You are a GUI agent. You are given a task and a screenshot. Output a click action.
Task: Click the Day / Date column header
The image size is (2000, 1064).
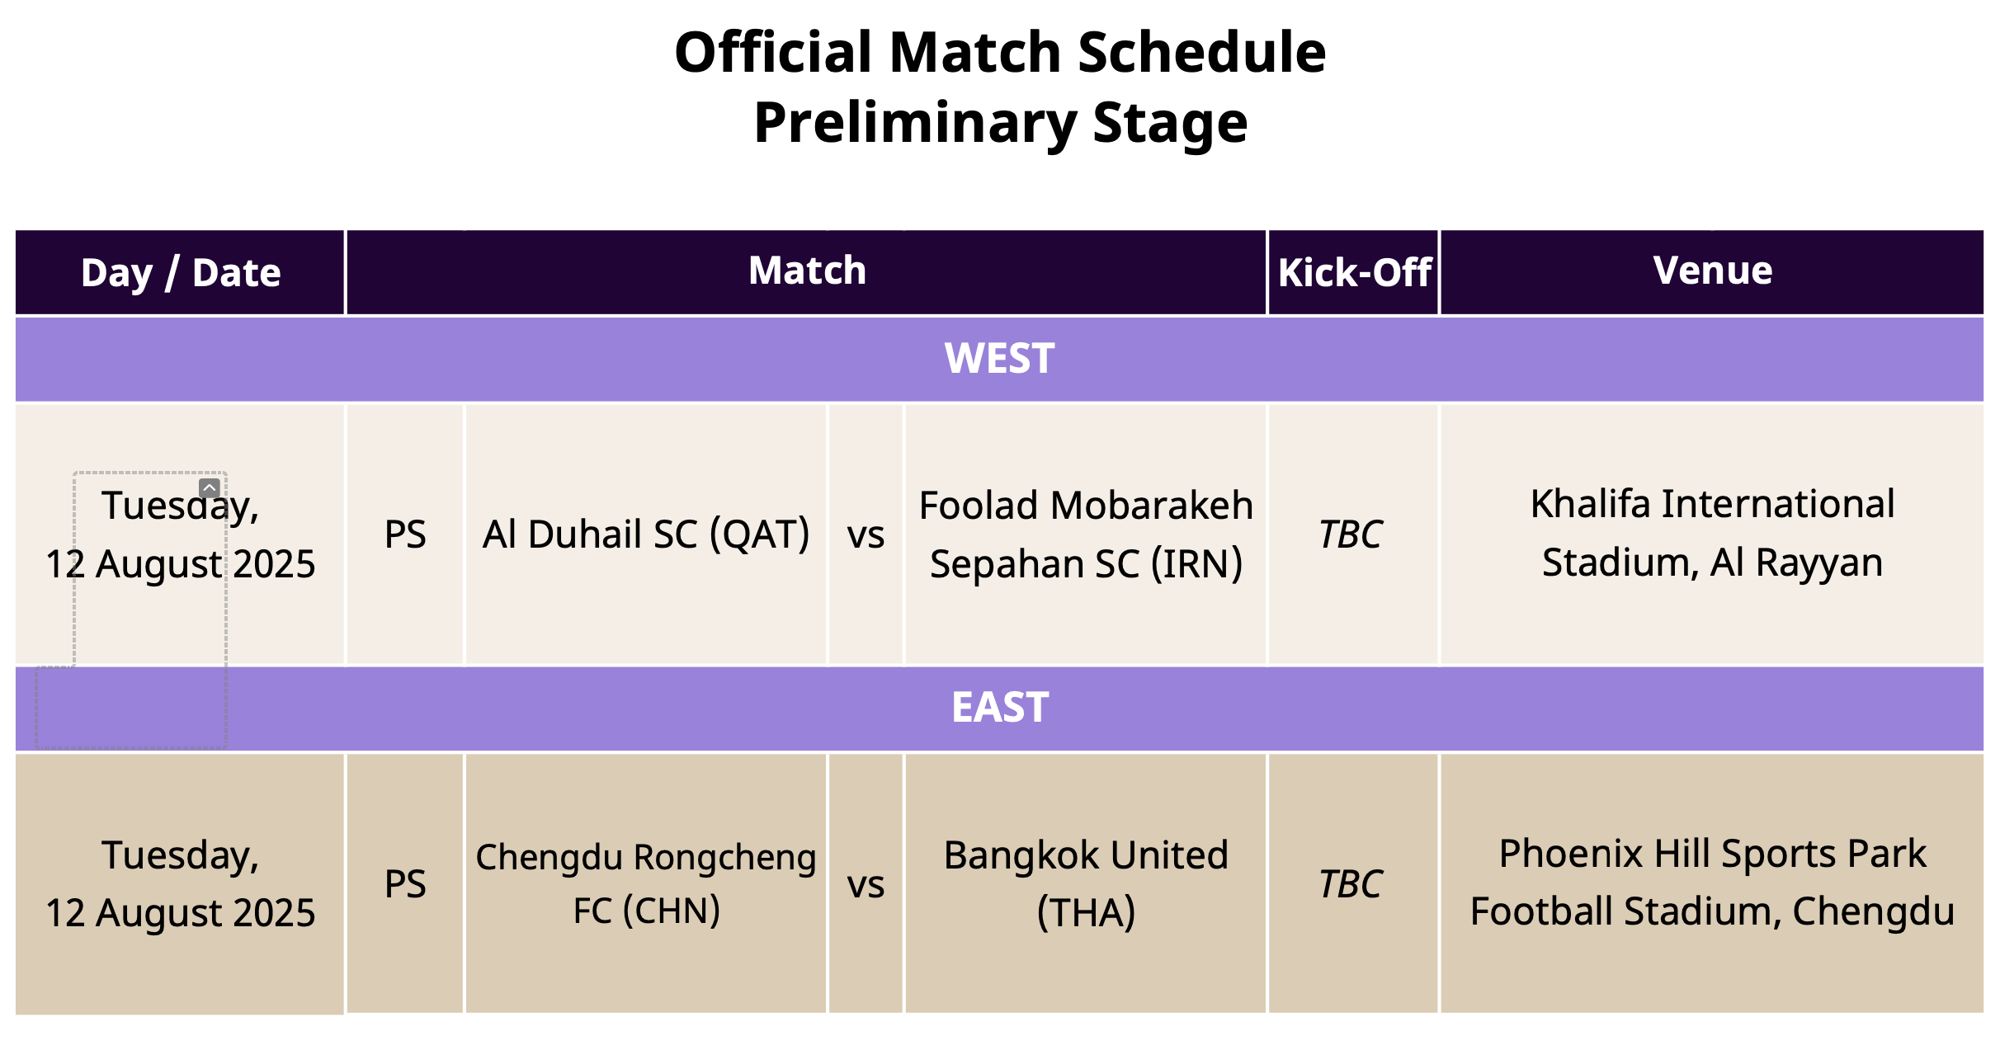[181, 273]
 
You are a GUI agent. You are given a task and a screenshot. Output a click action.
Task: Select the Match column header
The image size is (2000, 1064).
[807, 271]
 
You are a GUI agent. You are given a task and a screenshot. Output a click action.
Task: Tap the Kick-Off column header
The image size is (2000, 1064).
[1354, 273]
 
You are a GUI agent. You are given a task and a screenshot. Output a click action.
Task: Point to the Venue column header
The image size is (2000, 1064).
[1713, 271]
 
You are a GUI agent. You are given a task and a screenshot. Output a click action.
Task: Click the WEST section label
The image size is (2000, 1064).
[999, 359]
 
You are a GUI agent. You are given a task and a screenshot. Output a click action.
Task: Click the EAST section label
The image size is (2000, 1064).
[1000, 708]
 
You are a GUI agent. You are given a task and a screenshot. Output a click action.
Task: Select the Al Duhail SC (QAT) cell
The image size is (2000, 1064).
[646, 534]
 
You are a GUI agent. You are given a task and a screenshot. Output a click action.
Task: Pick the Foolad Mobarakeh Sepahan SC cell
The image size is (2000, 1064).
[1086, 534]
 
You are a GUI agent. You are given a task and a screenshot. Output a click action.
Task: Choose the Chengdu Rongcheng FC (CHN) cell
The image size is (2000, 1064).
[646, 884]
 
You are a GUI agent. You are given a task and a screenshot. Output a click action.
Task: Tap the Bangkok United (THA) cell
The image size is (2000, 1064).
[1086, 884]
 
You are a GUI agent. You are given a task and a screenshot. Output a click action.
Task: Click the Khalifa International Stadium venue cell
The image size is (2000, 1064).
[1712, 534]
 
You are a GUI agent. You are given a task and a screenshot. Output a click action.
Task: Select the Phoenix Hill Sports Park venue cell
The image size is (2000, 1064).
[1712, 883]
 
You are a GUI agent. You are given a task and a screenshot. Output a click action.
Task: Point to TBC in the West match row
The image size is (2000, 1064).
[1351, 534]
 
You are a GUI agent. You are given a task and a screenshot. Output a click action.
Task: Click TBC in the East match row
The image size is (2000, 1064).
[1351, 884]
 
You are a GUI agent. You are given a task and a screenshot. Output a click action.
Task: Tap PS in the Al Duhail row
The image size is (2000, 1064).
[405, 534]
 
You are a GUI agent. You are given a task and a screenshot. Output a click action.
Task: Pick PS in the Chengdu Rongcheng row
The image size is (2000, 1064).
[405, 884]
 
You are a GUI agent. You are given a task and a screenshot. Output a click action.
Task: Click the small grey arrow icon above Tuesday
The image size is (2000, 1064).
[210, 488]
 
